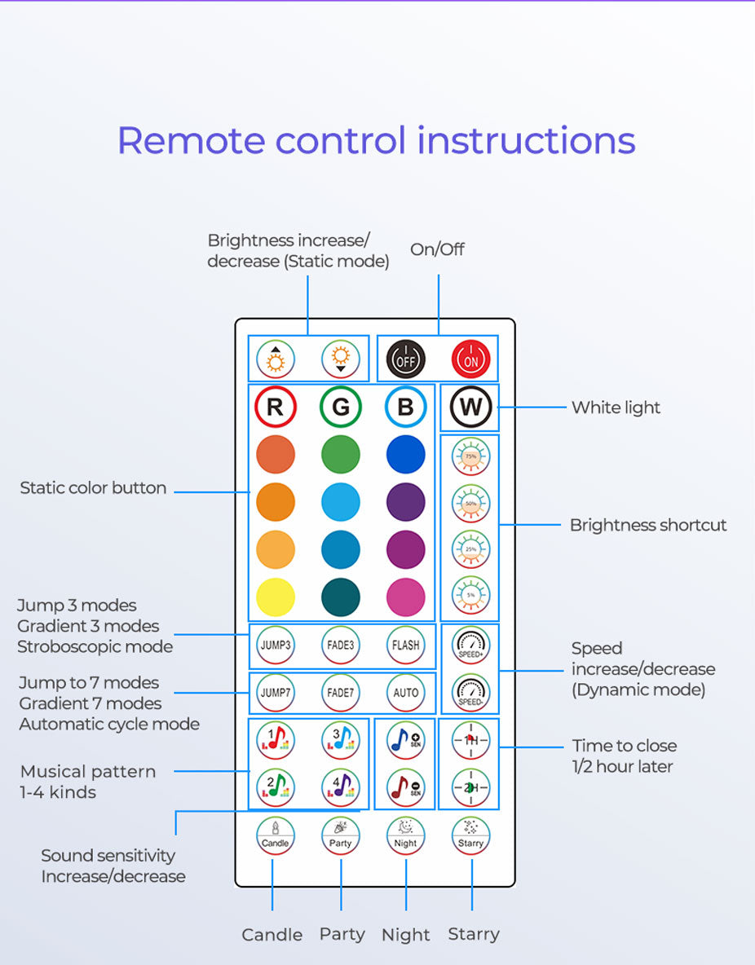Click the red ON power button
pos(470,359)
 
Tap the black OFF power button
pos(405,359)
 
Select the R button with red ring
pos(275,407)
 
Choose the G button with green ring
pos(340,407)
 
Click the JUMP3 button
pos(275,645)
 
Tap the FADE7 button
pos(340,693)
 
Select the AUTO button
pos(405,693)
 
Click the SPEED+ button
pos(470,645)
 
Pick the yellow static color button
pos(275,597)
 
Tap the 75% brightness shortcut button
pos(470,456)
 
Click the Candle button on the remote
pos(275,835)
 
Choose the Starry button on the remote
pos(470,835)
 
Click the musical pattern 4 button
pos(340,787)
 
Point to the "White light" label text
pos(616,408)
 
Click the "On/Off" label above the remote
pos(437,249)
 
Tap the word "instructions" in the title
pos(526,140)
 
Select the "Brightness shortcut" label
pos(647,525)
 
